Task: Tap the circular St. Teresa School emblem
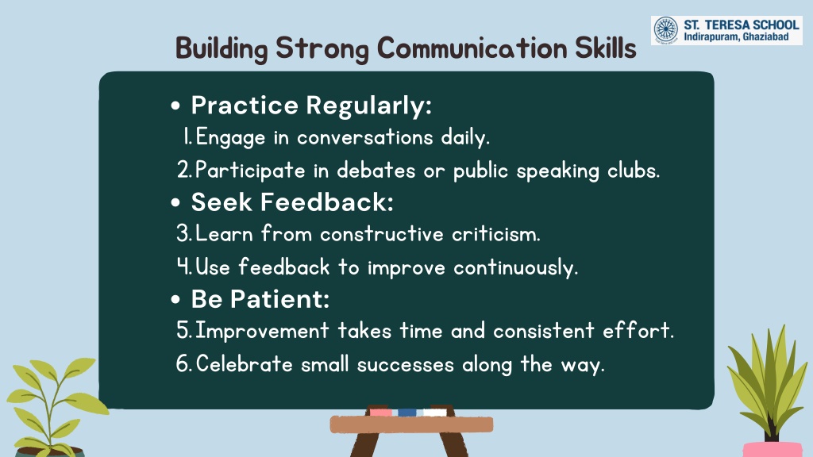[x=666, y=29]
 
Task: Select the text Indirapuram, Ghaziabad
[x=736, y=36]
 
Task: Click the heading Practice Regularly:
[x=311, y=106]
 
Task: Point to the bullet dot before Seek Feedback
[x=175, y=202]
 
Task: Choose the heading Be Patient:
[x=260, y=299]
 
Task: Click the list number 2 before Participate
[x=183, y=170]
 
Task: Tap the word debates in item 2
[x=376, y=170]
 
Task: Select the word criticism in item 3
[x=495, y=234]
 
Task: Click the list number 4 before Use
[x=183, y=267]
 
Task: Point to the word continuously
[x=515, y=268]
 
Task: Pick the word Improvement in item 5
[x=262, y=331]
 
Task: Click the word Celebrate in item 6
[x=245, y=363]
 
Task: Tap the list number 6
[x=183, y=363]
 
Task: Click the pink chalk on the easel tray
[x=380, y=413]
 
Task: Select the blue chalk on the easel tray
[x=407, y=413]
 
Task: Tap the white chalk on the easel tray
[x=435, y=413]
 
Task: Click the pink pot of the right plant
[x=773, y=449]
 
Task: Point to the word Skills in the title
[x=605, y=48]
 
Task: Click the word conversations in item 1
[x=365, y=137]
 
